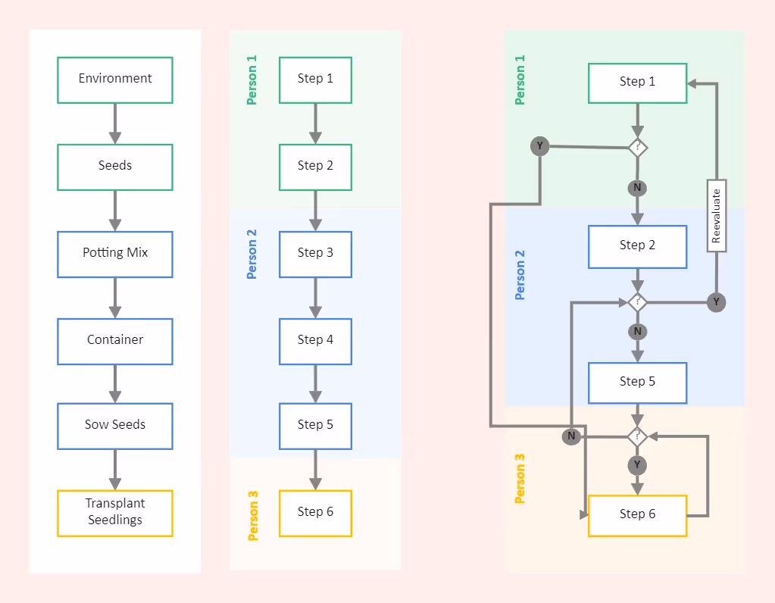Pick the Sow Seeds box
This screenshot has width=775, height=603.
[115, 425]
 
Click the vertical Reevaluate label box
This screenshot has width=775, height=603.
[717, 215]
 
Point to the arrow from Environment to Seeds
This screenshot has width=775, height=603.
[115, 123]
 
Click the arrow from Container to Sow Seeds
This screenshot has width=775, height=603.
[115, 383]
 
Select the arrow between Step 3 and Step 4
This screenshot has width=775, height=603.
[315, 297]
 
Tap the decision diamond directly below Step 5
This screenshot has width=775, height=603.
[638, 436]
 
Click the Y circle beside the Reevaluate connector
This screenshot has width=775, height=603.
[716, 302]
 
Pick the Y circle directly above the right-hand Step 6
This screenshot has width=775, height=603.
[638, 464]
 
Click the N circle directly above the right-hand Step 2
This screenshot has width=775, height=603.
[638, 187]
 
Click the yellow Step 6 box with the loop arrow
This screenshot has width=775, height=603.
[638, 515]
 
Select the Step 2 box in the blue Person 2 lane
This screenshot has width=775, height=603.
[638, 246]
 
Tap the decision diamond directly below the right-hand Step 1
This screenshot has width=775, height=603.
[638, 147]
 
